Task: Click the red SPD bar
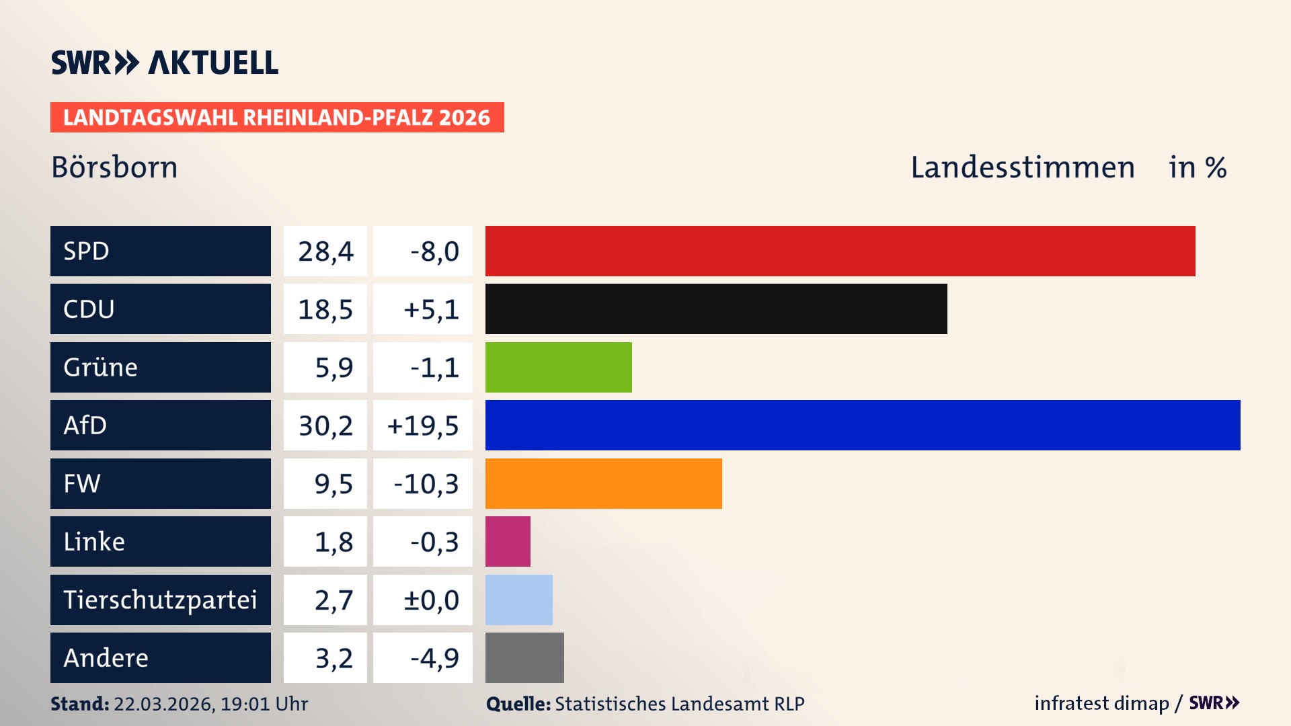pyautogui.click(x=840, y=251)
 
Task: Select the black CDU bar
pyautogui.click(x=716, y=309)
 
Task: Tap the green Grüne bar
pyautogui.click(x=558, y=367)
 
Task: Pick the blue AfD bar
pyautogui.click(x=863, y=425)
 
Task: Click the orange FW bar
pyautogui.click(x=603, y=483)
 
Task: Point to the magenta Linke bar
pyautogui.click(x=508, y=541)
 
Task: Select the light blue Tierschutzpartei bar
pyautogui.click(x=518, y=600)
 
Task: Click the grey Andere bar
pyautogui.click(x=524, y=657)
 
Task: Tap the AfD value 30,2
pyautogui.click(x=325, y=426)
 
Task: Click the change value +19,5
pyautogui.click(x=423, y=426)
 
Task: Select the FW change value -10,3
pyautogui.click(x=425, y=484)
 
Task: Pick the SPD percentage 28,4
pyautogui.click(x=325, y=251)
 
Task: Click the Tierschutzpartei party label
pyautogui.click(x=160, y=600)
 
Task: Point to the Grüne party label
pyautogui.click(x=101, y=367)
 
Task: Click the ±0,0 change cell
pyautogui.click(x=430, y=600)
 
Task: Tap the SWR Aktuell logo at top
pyautogui.click(x=164, y=63)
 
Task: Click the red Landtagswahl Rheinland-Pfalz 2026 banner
pyautogui.click(x=277, y=118)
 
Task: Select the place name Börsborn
pyautogui.click(x=114, y=167)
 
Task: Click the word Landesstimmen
pyautogui.click(x=1022, y=167)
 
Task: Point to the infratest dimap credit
pyautogui.click(x=1101, y=703)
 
